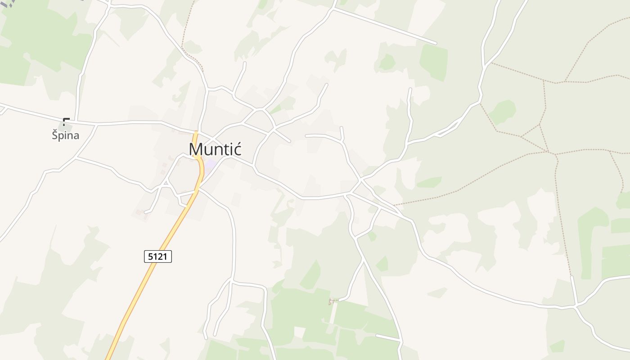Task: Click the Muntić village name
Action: coord(216,149)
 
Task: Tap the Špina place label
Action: coord(65,135)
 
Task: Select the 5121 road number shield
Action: coord(158,256)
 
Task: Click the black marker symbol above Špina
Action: coord(66,121)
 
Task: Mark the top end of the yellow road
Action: coord(196,132)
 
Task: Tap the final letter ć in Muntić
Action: coord(237,149)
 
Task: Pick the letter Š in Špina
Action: coord(55,135)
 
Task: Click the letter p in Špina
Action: coord(63,136)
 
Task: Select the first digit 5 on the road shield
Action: coord(150,256)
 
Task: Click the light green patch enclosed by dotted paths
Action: coord(503,112)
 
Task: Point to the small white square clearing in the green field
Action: coord(299,332)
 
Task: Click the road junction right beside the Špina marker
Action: coord(76,121)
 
